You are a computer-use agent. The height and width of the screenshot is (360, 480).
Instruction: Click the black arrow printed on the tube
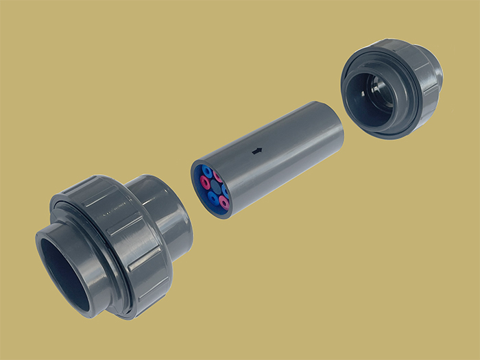258,151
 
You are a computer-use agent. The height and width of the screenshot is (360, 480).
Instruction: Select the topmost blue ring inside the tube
208,171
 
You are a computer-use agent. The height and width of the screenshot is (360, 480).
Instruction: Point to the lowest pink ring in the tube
224,203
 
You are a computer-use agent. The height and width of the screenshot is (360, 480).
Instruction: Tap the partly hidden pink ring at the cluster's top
218,176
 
